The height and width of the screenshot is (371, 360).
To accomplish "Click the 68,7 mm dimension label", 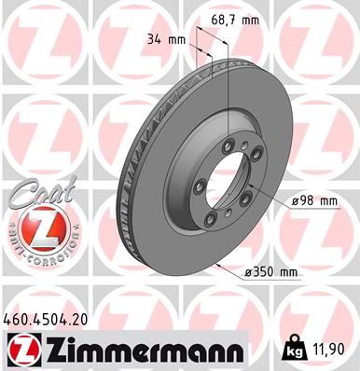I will pos(232,18).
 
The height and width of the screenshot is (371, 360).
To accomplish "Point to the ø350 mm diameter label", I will pos(269,271).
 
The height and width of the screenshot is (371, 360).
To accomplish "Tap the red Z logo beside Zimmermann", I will pos(18,350).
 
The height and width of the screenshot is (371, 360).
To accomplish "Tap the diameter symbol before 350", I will pos(246,271).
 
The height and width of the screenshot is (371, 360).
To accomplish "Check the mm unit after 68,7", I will pos(249,18).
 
